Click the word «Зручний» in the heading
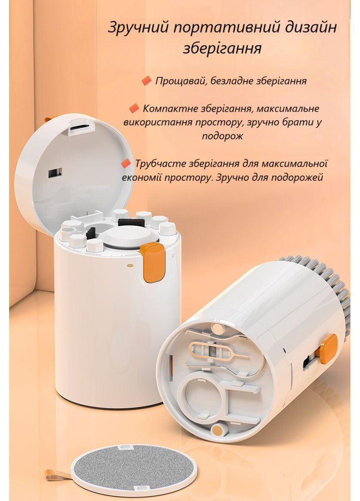click(x=138, y=27)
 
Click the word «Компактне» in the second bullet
click(x=170, y=108)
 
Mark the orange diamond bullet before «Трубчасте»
click(x=127, y=163)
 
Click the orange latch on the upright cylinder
click(x=153, y=262)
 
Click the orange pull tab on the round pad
click(x=58, y=475)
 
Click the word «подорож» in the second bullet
click(x=222, y=136)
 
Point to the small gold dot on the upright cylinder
click(x=130, y=265)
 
